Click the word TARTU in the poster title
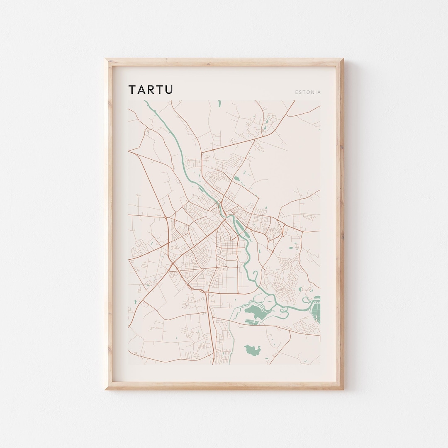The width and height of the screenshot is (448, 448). [x=151, y=90]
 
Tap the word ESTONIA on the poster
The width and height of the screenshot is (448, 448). [x=308, y=92]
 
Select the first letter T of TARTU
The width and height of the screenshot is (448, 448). [x=132, y=90]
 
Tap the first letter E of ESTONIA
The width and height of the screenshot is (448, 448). [x=297, y=92]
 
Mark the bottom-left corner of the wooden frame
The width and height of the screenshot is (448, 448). [x=106, y=389]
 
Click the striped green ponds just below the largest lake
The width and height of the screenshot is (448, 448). [x=252, y=321]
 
